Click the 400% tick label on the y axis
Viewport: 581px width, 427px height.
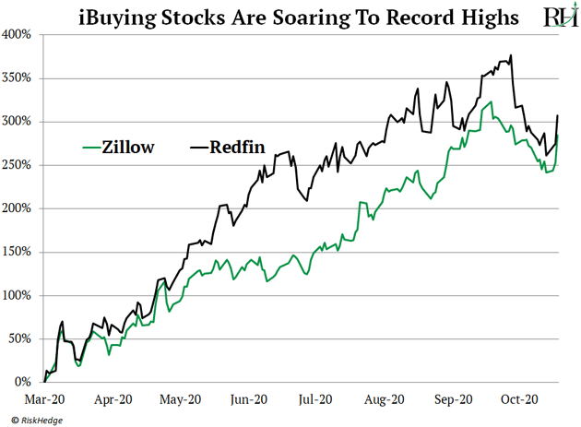pyautogui.click(x=18, y=34)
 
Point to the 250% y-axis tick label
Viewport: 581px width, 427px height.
pyautogui.click(x=18, y=165)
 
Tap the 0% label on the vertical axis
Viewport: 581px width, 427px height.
pyautogui.click(x=24, y=382)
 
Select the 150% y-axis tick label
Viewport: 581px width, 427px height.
pyautogui.click(x=18, y=252)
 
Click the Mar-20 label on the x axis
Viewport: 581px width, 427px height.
pyautogui.click(x=45, y=399)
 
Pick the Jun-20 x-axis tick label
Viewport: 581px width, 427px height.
pyautogui.click(x=248, y=399)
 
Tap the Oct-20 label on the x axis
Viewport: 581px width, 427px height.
pyautogui.click(x=519, y=399)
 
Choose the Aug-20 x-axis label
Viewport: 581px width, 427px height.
pyautogui.click(x=384, y=399)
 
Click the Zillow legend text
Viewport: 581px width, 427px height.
pyautogui.click(x=129, y=147)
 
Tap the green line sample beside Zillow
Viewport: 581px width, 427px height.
pyautogui.click(x=89, y=147)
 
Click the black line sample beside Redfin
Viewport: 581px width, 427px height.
pyautogui.click(x=198, y=147)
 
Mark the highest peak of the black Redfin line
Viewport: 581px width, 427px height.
pyautogui.click(x=511, y=55)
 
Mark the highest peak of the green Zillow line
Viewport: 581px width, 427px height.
pyautogui.click(x=492, y=102)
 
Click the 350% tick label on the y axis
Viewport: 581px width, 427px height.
pyautogui.click(x=18, y=77)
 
